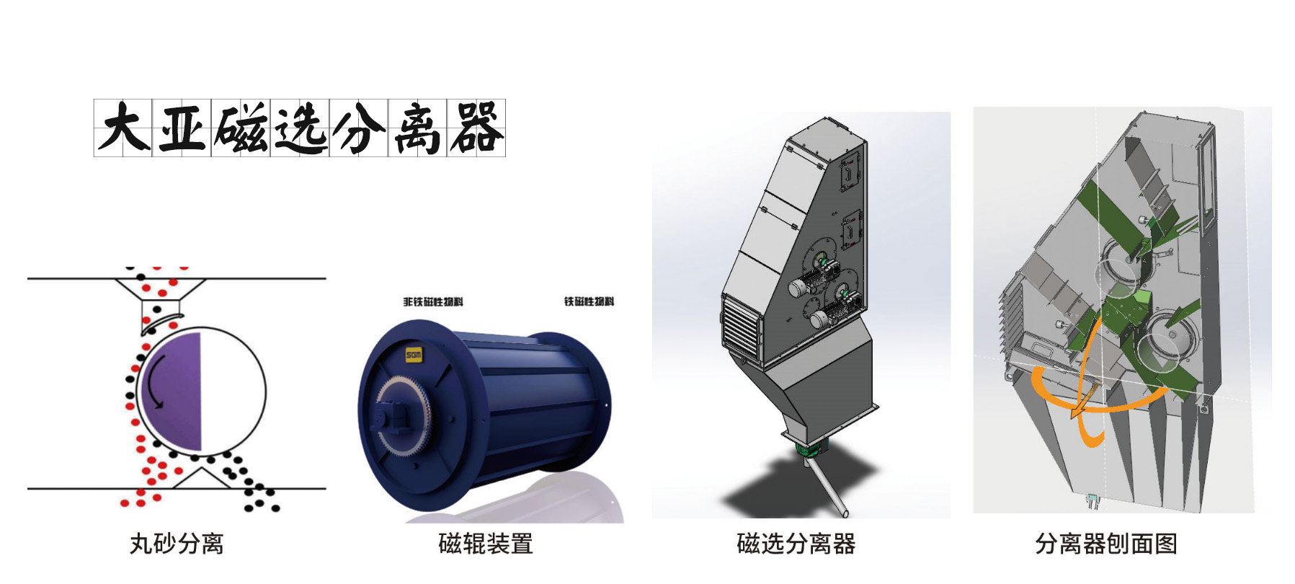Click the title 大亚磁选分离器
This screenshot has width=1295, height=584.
(299, 128)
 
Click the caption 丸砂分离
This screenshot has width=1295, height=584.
(177, 544)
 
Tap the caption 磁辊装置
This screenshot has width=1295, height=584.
(486, 544)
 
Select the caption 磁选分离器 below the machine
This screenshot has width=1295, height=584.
(796, 544)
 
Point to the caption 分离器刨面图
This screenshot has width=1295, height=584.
(1106, 544)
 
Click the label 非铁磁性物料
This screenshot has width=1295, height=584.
(433, 301)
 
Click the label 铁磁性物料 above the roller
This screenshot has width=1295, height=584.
(589, 301)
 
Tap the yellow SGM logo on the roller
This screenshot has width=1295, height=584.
(413, 355)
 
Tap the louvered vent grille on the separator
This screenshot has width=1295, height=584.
(742, 330)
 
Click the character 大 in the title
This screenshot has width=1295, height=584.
(123, 128)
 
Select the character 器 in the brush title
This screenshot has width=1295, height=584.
(476, 128)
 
